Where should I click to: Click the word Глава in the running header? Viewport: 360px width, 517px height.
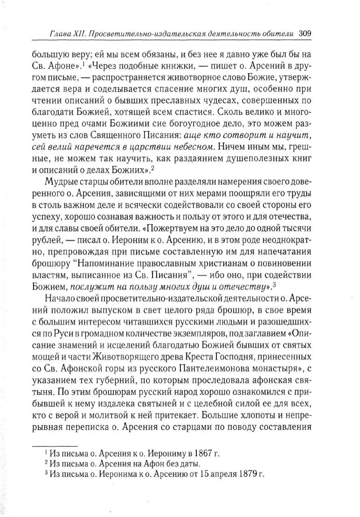tap(61, 35)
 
